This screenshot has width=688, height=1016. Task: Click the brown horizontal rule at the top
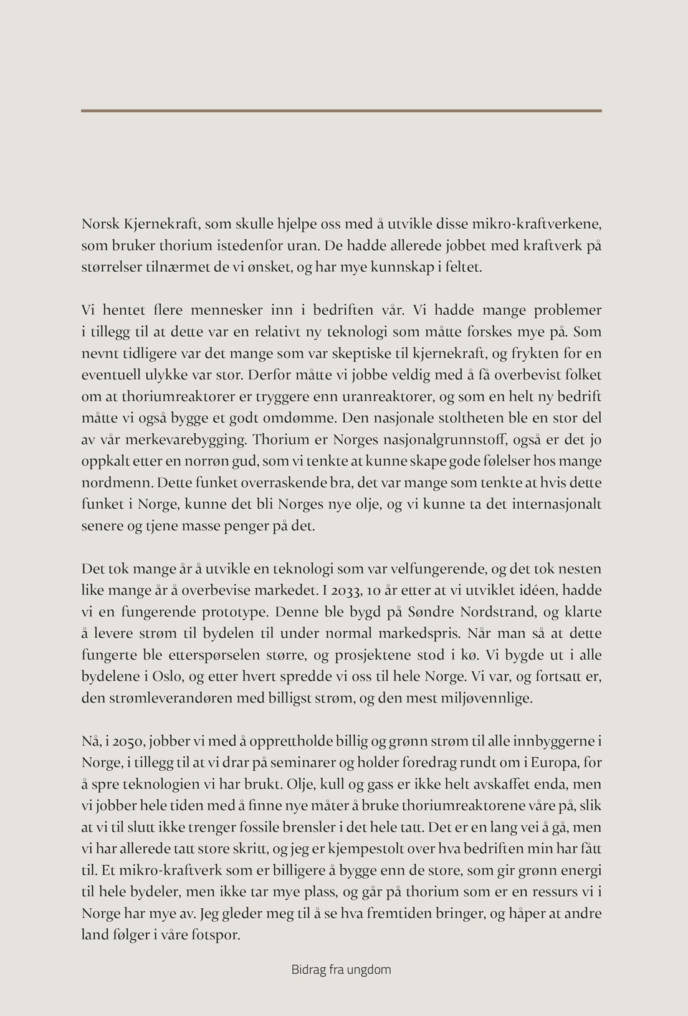point(341,111)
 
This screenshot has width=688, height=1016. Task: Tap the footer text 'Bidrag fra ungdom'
point(341,970)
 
